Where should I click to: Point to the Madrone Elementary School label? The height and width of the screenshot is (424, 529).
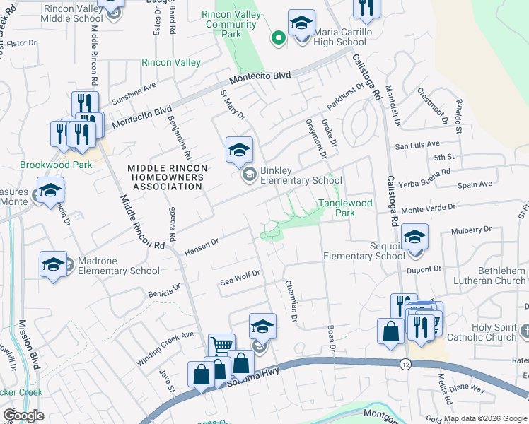117,266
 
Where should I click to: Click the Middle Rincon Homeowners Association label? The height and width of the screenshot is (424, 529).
167,177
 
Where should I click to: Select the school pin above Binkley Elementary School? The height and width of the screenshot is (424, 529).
239,149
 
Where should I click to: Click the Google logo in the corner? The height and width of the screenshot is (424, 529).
23,416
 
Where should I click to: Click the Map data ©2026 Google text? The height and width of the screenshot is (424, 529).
485,418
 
